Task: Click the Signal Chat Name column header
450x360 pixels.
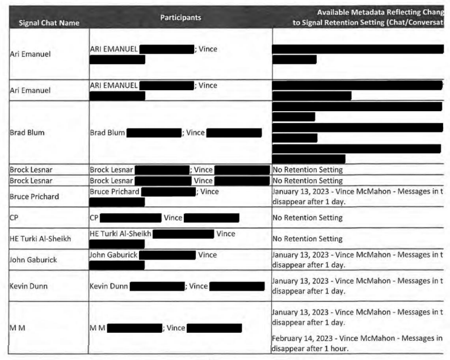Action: click(x=45, y=23)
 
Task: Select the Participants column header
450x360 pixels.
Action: click(x=180, y=18)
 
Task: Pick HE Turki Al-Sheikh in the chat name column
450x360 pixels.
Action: click(x=41, y=239)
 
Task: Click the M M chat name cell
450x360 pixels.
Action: click(x=18, y=328)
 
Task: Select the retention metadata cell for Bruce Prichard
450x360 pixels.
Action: click(x=358, y=197)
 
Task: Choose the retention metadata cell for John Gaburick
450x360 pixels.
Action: click(x=358, y=260)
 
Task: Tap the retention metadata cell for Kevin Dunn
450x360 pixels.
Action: click(x=358, y=286)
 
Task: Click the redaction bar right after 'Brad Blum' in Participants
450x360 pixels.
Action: click(x=153, y=133)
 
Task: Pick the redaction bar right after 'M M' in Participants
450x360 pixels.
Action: click(x=134, y=328)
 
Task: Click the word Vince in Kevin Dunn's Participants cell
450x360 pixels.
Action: click(x=199, y=286)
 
